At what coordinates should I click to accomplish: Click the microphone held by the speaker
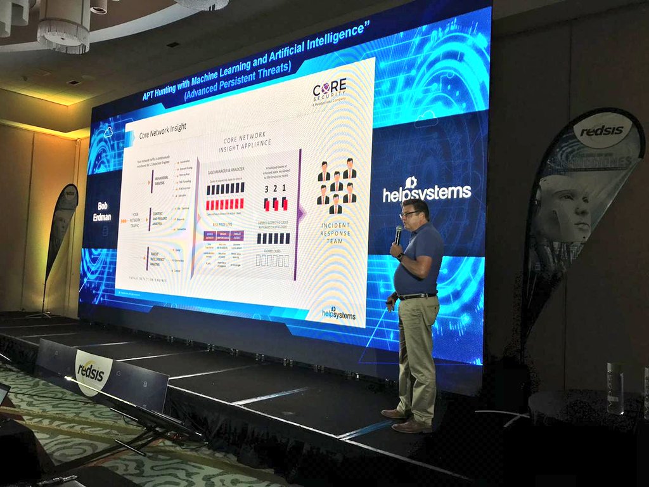coord(398,234)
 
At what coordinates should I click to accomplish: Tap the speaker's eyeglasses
coord(410,214)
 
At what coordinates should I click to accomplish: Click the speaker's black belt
coord(417,295)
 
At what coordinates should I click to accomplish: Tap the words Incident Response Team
coord(336,233)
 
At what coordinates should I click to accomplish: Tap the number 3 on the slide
coord(267,189)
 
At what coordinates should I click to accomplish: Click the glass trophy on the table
coord(614,387)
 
